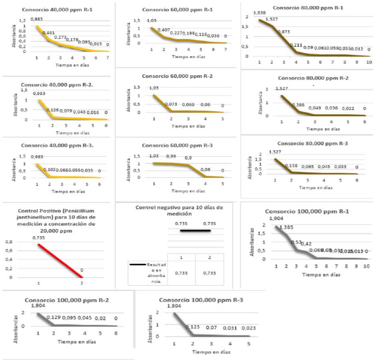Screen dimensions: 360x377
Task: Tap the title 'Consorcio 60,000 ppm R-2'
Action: (172, 76)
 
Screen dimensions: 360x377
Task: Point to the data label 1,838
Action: (259, 13)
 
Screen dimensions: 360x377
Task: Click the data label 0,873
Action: (283, 32)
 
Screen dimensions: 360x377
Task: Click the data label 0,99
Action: (171, 156)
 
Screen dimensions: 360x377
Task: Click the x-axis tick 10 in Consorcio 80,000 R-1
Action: (368, 64)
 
